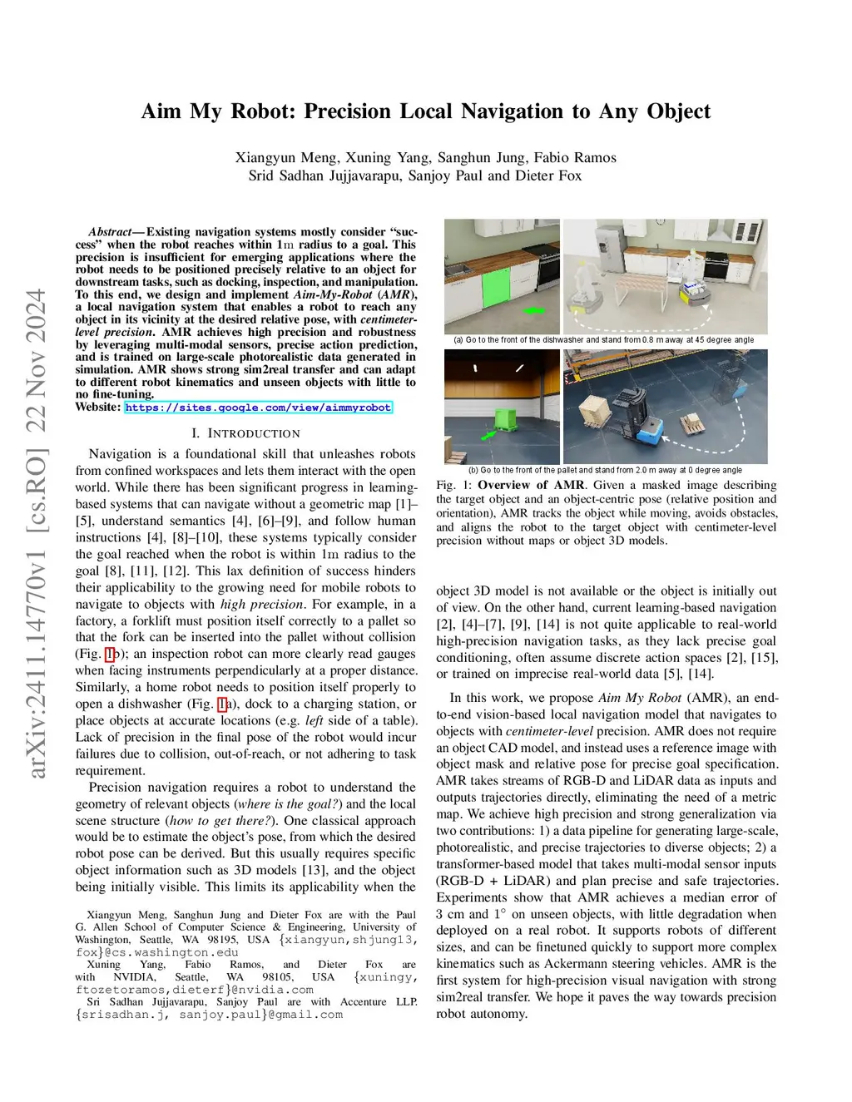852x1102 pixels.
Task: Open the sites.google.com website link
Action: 258,408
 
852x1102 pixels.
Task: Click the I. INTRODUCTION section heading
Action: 245,433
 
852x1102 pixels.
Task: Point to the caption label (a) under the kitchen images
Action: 458,339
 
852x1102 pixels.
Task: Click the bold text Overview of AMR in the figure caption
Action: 531,485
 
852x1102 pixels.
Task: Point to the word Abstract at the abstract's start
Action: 110,232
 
